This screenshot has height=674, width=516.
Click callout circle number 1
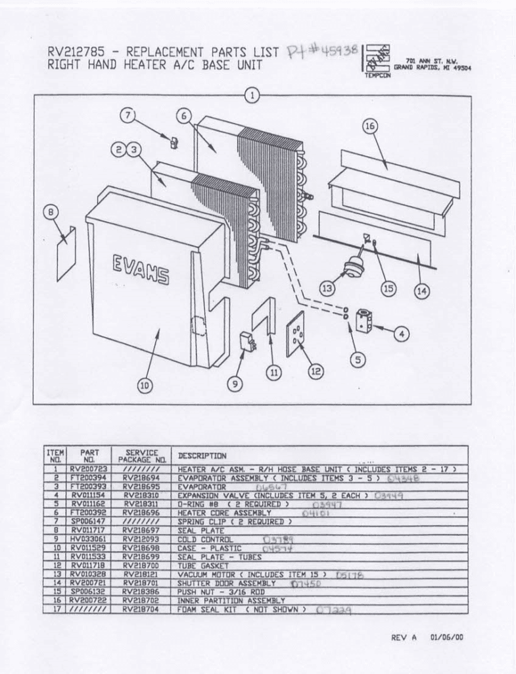tap(252, 94)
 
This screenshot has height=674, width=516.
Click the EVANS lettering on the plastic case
tap(140, 269)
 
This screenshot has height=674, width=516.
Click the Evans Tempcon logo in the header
tap(377, 60)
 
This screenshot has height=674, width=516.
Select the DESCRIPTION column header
tap(202, 455)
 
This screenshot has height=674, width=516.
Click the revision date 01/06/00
tap(446, 636)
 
